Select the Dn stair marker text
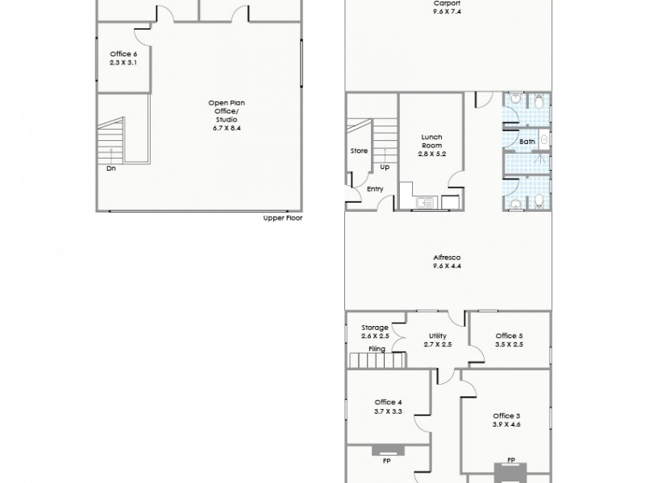[110, 169]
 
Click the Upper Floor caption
[282, 218]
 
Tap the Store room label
[359, 151]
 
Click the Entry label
[375, 189]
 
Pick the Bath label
[526, 142]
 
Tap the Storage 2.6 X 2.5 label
[376, 332]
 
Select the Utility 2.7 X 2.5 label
[438, 340]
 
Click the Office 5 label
[509, 340]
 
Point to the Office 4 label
[388, 407]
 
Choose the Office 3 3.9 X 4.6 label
[506, 419]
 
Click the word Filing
[376, 349]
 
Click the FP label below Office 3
[511, 460]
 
